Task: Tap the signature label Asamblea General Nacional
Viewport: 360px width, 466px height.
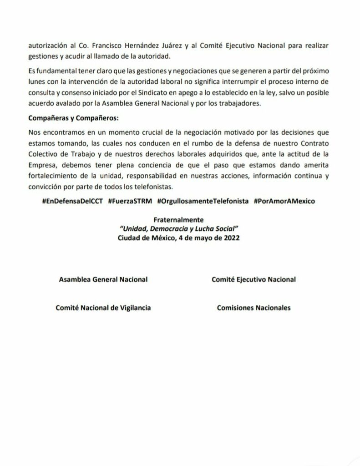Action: [103, 279]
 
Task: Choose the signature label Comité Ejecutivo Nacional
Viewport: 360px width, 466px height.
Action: [254, 279]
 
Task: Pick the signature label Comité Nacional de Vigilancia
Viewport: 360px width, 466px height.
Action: [103, 308]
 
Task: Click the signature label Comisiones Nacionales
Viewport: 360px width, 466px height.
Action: [254, 308]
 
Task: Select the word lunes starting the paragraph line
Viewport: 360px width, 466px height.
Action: [36, 82]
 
